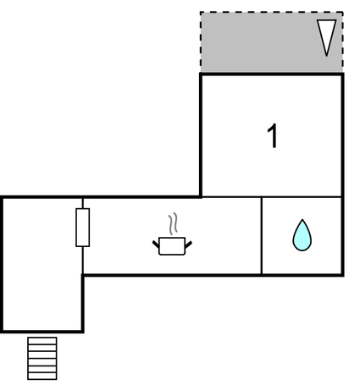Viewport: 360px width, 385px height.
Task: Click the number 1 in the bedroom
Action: point(273,136)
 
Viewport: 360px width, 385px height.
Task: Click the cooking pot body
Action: point(172,246)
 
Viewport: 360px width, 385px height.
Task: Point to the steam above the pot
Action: point(174,224)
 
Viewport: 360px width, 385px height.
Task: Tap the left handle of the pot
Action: point(156,245)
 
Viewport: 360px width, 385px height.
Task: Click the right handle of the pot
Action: point(188,245)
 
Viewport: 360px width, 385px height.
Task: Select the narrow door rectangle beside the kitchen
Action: point(83,228)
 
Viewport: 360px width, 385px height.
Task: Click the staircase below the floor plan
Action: point(42,358)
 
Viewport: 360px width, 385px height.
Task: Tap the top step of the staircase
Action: point(42,341)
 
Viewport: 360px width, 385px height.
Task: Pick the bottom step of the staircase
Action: point(42,376)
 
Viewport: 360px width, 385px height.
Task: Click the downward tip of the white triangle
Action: point(327,56)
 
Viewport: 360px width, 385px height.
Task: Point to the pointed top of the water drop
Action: point(302,220)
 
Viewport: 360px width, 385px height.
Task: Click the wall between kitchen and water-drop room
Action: point(262,235)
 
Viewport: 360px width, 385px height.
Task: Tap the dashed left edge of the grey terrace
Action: point(201,41)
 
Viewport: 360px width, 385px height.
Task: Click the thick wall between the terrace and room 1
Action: point(272,74)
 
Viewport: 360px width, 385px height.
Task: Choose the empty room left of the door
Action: point(42,265)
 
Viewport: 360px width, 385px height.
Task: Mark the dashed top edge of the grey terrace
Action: point(272,12)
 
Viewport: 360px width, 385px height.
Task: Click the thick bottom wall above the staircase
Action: point(42,331)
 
